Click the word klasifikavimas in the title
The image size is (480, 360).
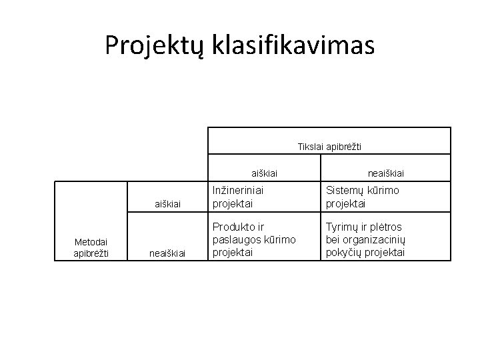pos(293,45)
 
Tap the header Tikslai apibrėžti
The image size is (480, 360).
pos(329,146)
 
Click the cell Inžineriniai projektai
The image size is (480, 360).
pos(238,196)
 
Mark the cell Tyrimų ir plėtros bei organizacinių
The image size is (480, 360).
pos(365,240)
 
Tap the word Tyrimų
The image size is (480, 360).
pos(341,227)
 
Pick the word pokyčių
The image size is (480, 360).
pos(343,253)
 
